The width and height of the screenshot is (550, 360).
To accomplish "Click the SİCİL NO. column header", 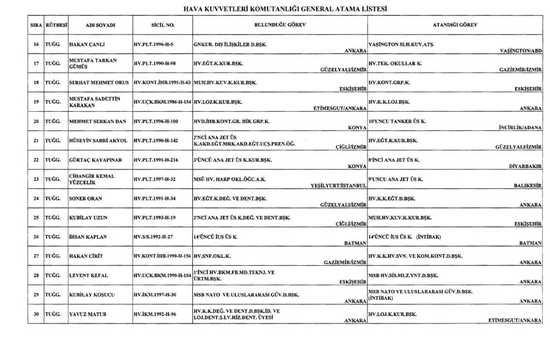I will [x=162, y=25].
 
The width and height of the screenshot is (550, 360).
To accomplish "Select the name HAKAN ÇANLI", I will [x=87, y=44].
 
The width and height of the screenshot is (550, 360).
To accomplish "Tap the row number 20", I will [x=36, y=121].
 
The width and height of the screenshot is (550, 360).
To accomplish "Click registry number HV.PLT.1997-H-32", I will [x=155, y=179].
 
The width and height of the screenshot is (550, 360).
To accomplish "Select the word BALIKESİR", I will [x=527, y=186].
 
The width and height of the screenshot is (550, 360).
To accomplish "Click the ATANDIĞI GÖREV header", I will [x=454, y=25].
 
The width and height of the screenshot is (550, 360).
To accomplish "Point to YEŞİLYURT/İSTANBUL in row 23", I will [x=339, y=186].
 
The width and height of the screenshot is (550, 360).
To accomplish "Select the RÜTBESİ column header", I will [x=56, y=25].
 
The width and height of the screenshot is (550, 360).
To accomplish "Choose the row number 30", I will [x=36, y=315].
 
